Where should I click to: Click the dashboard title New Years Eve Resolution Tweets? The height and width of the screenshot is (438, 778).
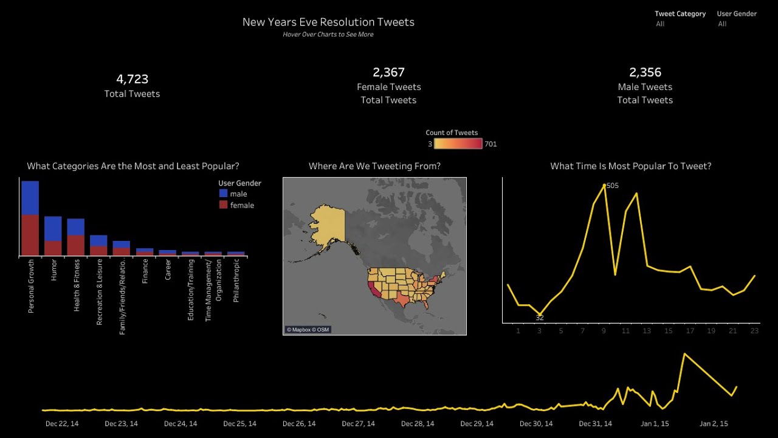(x=328, y=22)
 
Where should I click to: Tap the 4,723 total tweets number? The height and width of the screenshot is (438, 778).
(x=132, y=79)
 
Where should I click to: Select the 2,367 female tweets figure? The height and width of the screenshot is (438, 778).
(x=388, y=72)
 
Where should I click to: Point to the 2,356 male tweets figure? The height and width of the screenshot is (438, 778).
(x=645, y=72)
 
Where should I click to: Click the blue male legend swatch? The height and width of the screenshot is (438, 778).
(x=223, y=193)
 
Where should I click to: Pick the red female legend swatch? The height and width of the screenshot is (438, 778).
(x=223, y=205)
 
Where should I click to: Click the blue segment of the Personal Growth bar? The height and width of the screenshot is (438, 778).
(x=30, y=198)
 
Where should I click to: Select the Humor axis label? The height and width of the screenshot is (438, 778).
(x=53, y=270)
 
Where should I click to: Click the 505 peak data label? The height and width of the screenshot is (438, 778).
(x=613, y=186)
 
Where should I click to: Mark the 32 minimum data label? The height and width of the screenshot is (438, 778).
(x=540, y=318)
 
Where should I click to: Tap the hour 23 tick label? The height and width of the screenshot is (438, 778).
(x=754, y=331)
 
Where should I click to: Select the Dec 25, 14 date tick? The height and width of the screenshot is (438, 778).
(x=239, y=423)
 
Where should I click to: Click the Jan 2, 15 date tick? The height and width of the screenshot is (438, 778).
(x=714, y=423)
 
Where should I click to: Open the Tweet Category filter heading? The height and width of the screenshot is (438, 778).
(x=680, y=13)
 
